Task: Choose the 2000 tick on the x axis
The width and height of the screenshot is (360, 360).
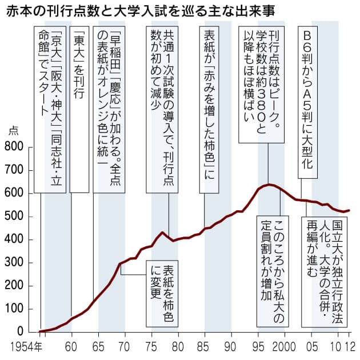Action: pyautogui.click(x=285, y=346)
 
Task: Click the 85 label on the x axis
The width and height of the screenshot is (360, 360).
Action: pyautogui.click(x=205, y=346)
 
